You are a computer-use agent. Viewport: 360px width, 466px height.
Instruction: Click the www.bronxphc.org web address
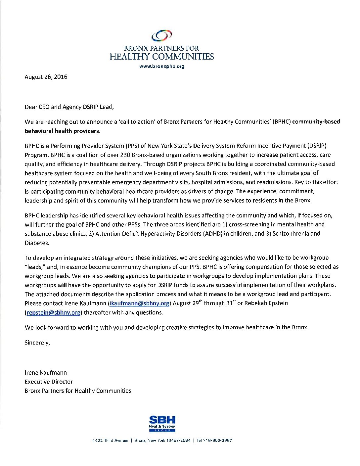(x=162, y=66)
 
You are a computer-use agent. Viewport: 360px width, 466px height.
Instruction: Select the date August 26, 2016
(x=46, y=77)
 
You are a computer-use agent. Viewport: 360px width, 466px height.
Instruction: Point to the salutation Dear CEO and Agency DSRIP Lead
(x=69, y=107)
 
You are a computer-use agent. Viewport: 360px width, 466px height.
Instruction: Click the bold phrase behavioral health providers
(x=62, y=131)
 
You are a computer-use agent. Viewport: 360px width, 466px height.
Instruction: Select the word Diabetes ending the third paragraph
(x=36, y=243)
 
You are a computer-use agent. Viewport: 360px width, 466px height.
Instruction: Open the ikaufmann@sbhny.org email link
(x=139, y=303)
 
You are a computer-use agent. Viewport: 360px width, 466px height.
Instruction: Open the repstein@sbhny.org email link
(x=53, y=312)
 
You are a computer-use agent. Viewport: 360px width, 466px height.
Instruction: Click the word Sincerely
(x=37, y=343)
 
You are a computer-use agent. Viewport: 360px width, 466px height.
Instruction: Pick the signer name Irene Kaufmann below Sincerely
(x=46, y=372)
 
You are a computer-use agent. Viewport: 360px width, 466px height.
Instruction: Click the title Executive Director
(x=49, y=382)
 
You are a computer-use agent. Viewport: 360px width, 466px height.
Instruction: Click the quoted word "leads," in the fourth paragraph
(x=35, y=267)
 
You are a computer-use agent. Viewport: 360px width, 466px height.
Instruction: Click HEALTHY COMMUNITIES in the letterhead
(x=162, y=57)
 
